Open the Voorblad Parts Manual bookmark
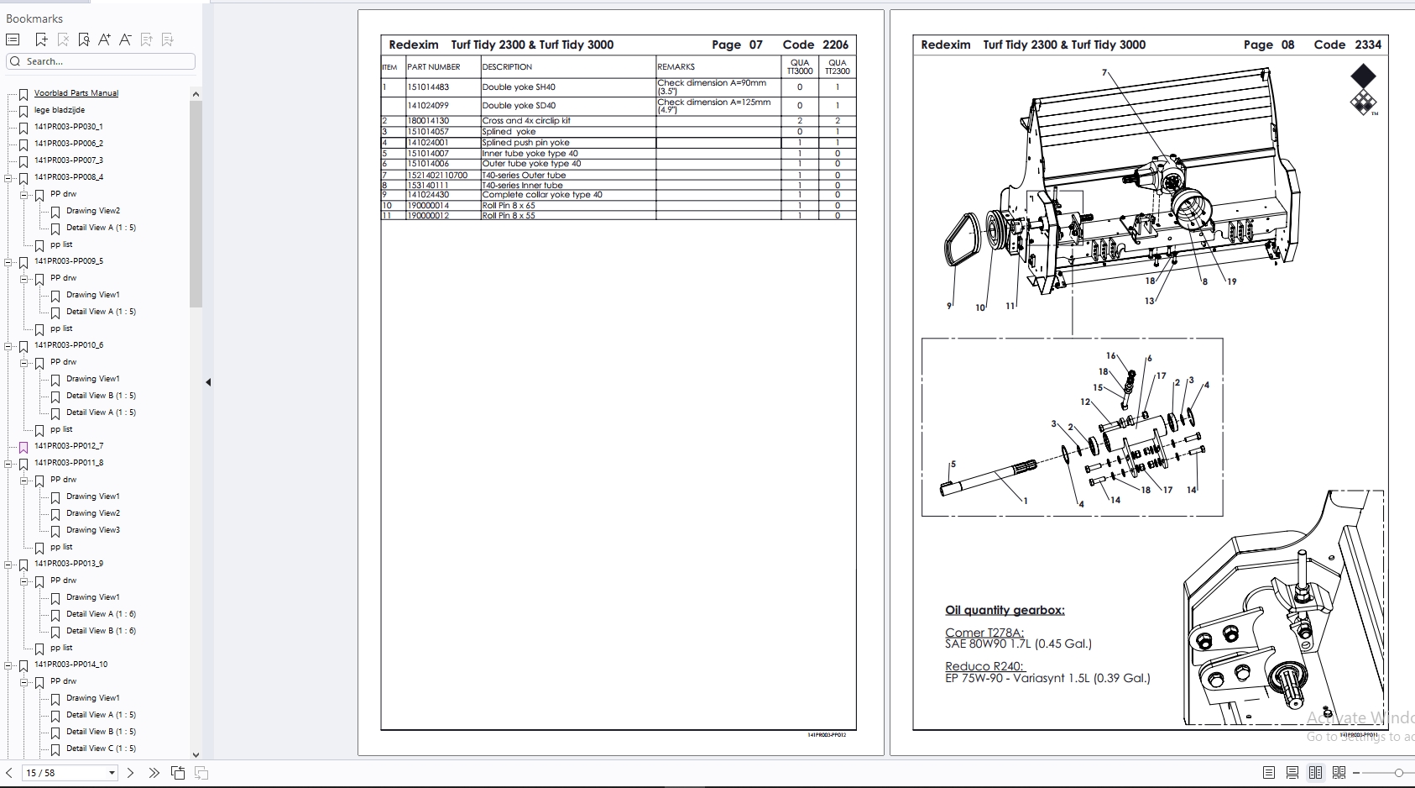click(x=76, y=93)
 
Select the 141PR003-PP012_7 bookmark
click(x=69, y=446)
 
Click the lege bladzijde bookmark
click(x=59, y=110)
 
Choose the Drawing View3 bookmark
click(x=92, y=530)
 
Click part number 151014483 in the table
click(x=428, y=87)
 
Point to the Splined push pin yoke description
click(x=525, y=143)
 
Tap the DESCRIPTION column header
click(x=507, y=67)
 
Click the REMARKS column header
click(x=676, y=67)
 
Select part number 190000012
click(x=428, y=216)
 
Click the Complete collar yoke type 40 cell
click(x=541, y=195)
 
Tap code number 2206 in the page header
click(x=835, y=45)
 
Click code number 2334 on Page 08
click(x=1368, y=45)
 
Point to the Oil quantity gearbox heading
click(x=1005, y=611)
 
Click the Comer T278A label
click(x=984, y=633)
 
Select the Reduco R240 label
click(x=984, y=666)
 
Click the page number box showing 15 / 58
click(x=69, y=773)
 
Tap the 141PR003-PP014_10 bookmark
click(x=70, y=665)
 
